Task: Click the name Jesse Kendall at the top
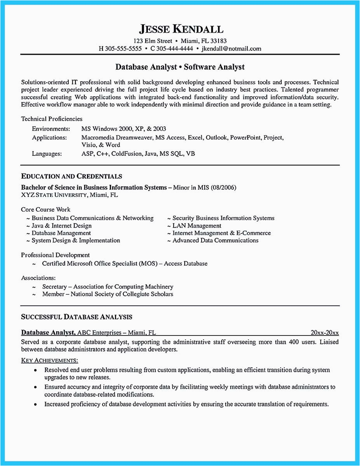click(x=181, y=29)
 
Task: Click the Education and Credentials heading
click(x=71, y=176)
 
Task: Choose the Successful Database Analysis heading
click(x=77, y=317)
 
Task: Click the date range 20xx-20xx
click(x=325, y=333)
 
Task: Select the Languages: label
click(x=47, y=154)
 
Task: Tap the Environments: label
click(x=51, y=129)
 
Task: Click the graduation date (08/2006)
click(x=223, y=188)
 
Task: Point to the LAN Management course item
click(x=197, y=226)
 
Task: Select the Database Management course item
click(x=61, y=233)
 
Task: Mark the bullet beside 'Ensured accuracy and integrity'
click(x=35, y=387)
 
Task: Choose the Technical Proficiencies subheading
click(x=52, y=119)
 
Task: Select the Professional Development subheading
click(x=56, y=255)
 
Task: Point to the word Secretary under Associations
click(x=54, y=287)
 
